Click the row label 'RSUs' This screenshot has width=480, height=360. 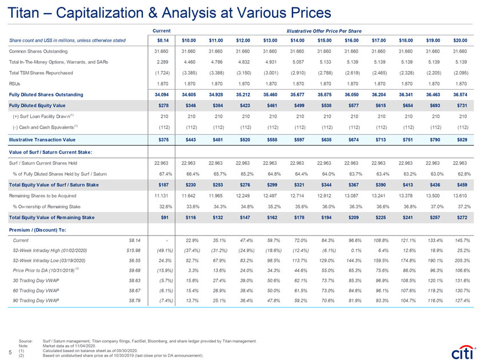pos(15,83)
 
